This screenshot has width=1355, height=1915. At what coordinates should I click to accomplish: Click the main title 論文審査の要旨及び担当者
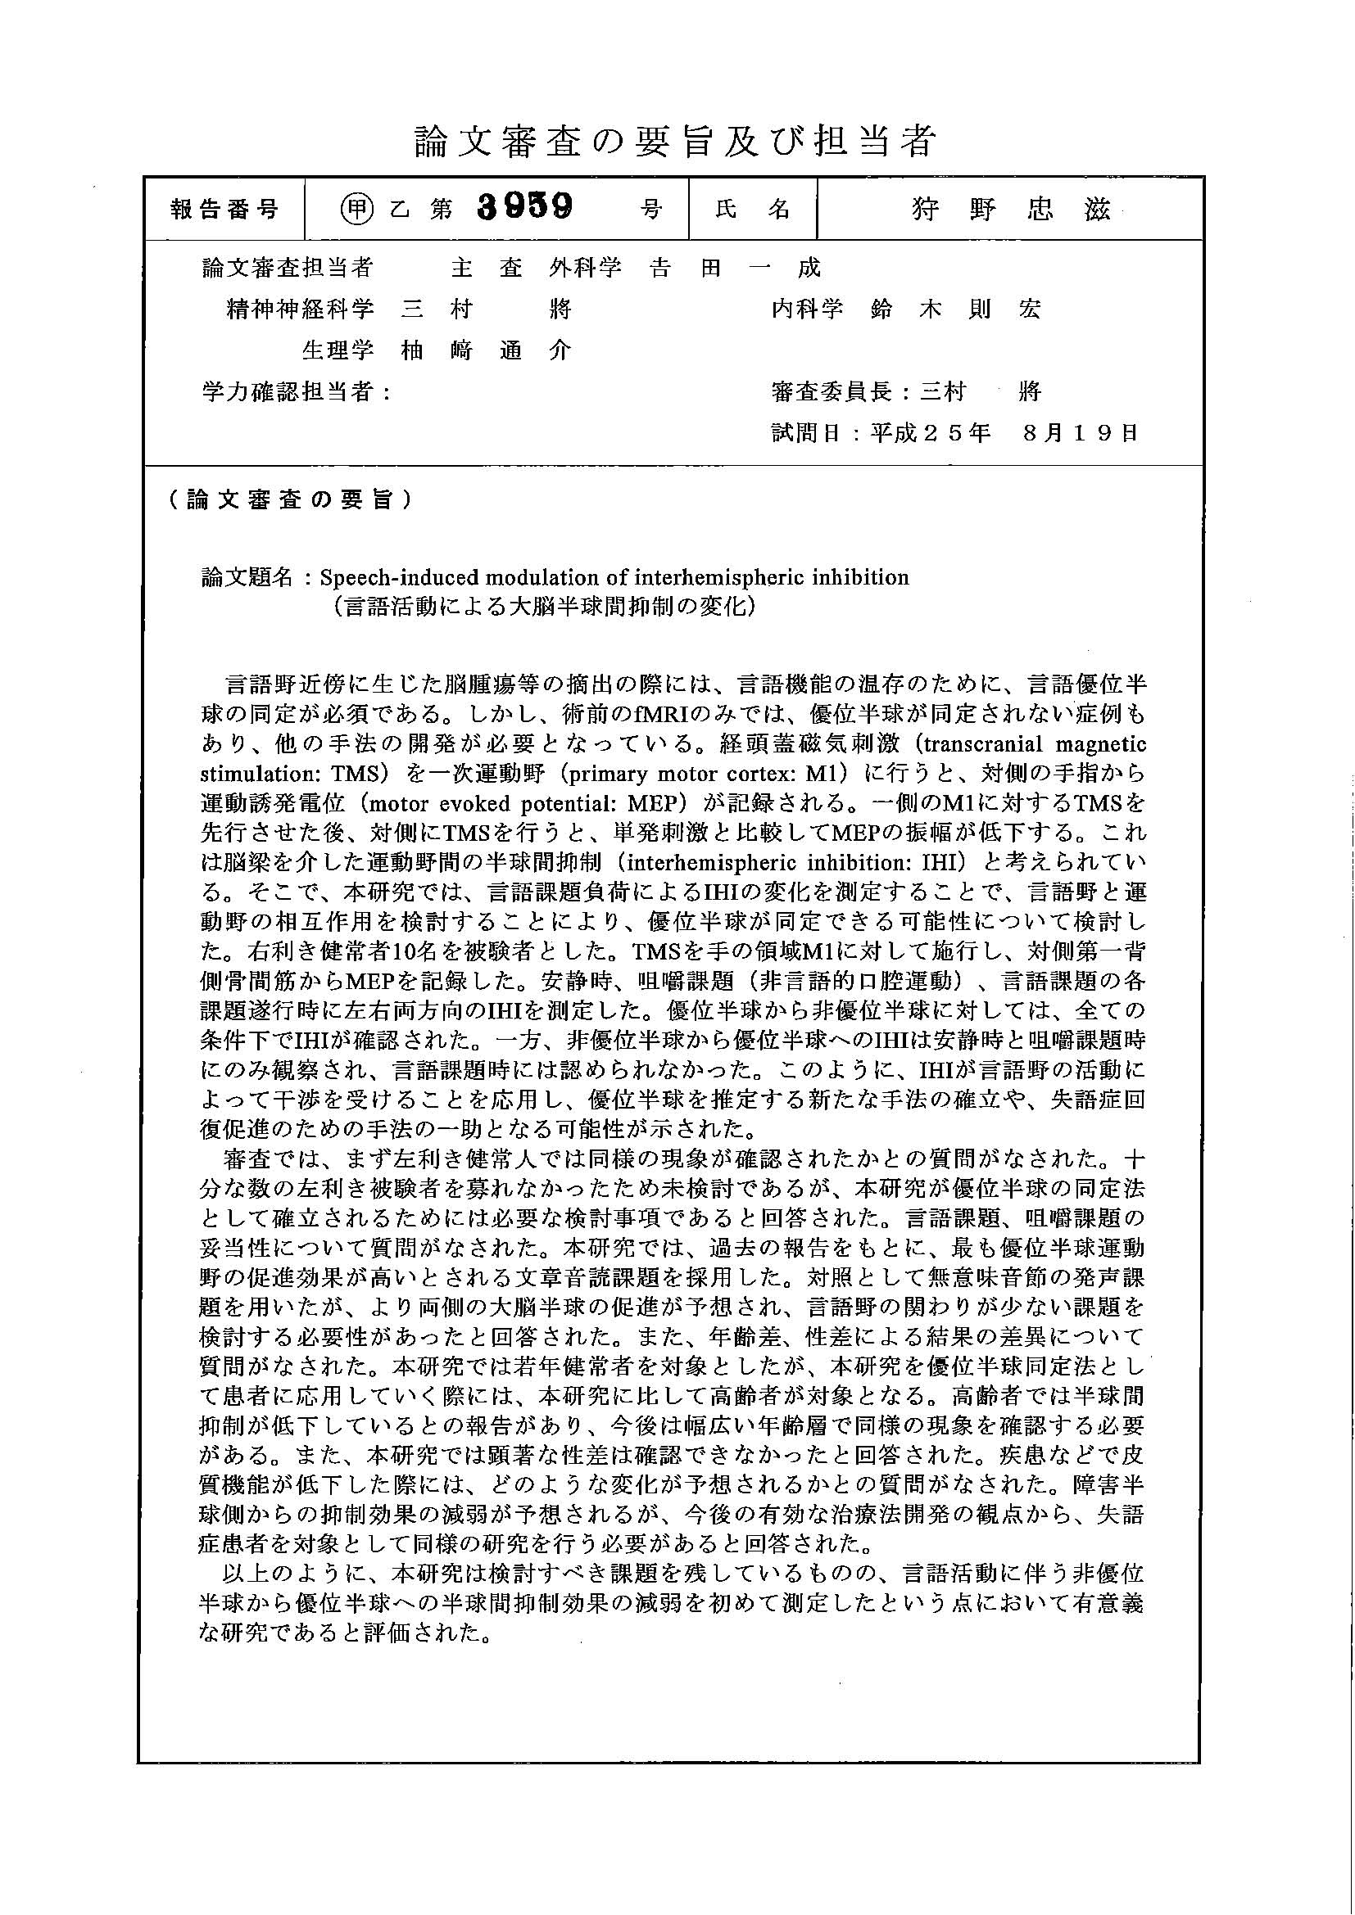tap(676, 142)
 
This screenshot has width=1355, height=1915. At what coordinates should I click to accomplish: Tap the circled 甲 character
tap(356, 209)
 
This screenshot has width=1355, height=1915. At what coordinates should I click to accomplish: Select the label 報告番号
tap(224, 209)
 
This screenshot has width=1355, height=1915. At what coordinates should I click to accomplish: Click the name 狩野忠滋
tap(1011, 209)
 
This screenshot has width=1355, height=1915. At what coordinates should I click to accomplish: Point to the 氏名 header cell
tap(753, 209)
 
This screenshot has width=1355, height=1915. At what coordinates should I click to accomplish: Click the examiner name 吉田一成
tap(735, 268)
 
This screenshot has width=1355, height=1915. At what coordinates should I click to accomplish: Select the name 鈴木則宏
tap(955, 309)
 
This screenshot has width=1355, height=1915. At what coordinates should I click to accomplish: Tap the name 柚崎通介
tap(486, 351)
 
